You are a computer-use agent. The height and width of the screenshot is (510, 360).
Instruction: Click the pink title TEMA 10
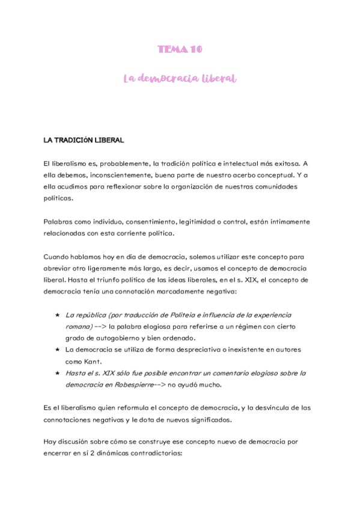pos(180,49)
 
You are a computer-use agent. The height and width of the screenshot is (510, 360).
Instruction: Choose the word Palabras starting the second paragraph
pos(59,221)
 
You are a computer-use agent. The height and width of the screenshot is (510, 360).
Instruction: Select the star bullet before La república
pos(56,315)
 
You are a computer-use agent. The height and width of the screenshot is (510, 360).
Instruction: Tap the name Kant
pos(94,361)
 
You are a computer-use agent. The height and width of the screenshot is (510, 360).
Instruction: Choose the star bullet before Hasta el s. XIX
pos(56,373)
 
